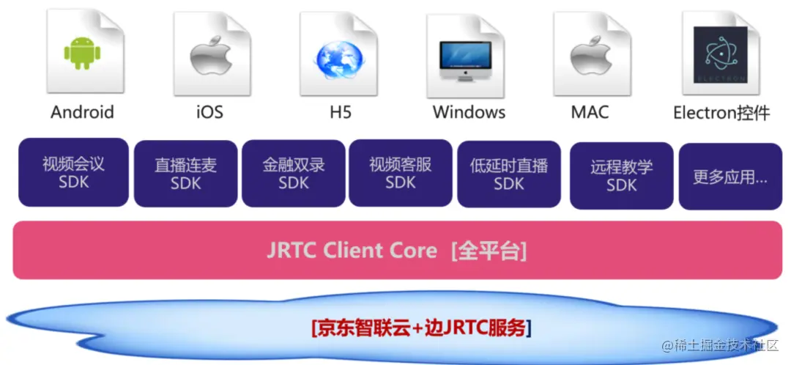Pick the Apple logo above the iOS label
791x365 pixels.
[210, 57]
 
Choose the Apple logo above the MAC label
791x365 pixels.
[590, 57]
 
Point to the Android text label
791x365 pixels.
[82, 112]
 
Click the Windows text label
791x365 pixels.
[469, 112]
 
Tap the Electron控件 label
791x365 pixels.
[721, 113]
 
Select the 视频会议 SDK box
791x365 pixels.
[73, 172]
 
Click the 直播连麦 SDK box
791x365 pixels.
[185, 174]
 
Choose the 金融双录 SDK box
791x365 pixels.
[294, 174]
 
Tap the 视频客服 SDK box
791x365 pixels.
[401, 173]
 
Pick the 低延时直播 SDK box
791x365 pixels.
[509, 174]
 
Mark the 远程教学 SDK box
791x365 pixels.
[621, 176]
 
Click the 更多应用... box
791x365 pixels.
[730, 177]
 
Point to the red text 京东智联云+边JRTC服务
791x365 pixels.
[420, 327]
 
